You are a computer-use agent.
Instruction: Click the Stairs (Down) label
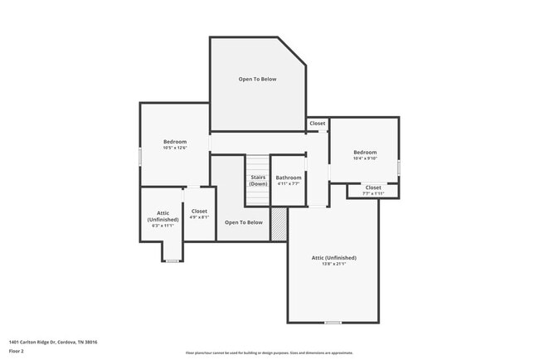pos(258,180)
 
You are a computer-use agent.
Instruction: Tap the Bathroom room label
pos(289,178)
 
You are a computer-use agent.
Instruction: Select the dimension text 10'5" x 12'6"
pos(174,148)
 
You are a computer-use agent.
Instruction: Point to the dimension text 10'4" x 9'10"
pos(365,159)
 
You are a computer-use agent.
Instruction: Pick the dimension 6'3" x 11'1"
pos(163,225)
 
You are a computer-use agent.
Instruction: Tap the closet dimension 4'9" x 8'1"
pos(199,217)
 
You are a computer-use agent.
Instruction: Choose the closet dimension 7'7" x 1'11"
pos(373,193)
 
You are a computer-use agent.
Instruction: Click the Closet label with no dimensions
pos(318,124)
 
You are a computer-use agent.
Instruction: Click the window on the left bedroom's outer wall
pos(140,157)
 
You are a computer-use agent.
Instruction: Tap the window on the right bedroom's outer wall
pos(399,167)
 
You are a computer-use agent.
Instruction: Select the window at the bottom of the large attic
pos(333,322)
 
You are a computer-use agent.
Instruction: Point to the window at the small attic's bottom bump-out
pos(172,260)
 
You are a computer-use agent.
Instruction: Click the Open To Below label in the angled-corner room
pos(257,80)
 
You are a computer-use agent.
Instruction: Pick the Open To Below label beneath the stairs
pos(243,222)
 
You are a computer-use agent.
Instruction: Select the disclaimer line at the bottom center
pos(269,352)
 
